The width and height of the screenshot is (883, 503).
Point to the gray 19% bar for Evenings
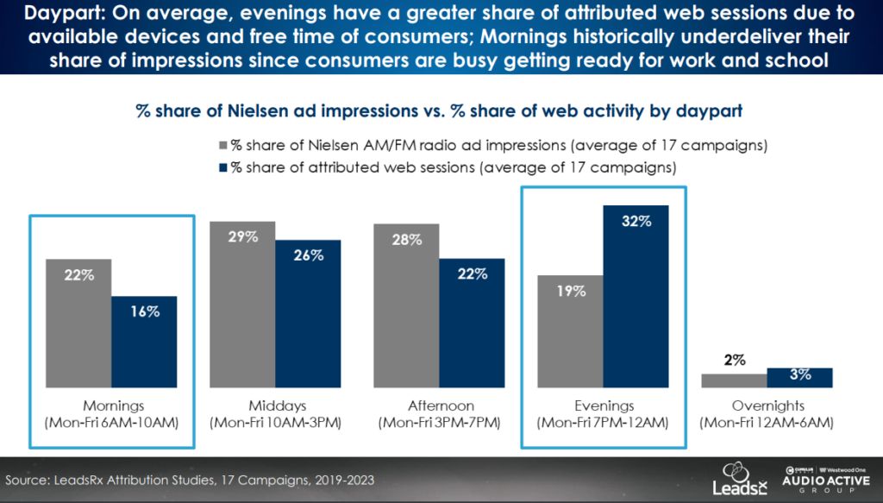pyautogui.click(x=570, y=331)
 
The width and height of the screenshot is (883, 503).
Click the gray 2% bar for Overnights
pyautogui.click(x=734, y=380)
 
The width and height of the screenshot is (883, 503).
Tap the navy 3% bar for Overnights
pyautogui.click(x=799, y=378)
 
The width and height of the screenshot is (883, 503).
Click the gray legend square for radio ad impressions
pyautogui.click(x=223, y=145)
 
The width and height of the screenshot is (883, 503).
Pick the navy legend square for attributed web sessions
pyautogui.click(x=223, y=166)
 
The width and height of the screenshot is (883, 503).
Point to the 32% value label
pyautogui.click(x=636, y=221)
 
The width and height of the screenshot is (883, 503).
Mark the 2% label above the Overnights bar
pyautogui.click(x=735, y=360)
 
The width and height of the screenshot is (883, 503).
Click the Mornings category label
pyautogui.click(x=112, y=406)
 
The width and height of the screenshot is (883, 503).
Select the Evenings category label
pyautogui.click(x=603, y=406)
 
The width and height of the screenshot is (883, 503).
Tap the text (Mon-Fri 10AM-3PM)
pyautogui.click(x=275, y=422)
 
